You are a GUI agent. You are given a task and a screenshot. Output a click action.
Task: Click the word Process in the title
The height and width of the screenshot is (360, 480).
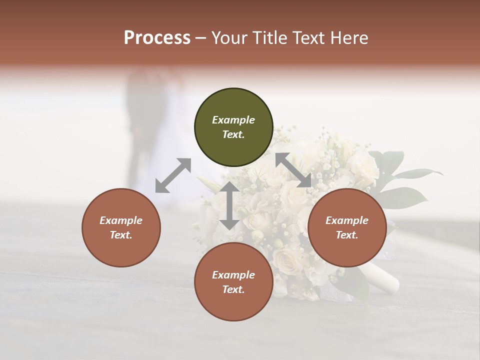(x=157, y=38)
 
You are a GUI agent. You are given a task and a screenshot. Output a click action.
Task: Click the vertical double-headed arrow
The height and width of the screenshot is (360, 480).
(x=229, y=205)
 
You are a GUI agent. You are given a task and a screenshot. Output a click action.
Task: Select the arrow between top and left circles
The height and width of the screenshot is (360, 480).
(x=173, y=175)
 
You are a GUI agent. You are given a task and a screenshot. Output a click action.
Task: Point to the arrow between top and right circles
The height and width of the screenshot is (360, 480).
(x=293, y=170)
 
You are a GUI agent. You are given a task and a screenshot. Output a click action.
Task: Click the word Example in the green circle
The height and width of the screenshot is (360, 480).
(x=233, y=120)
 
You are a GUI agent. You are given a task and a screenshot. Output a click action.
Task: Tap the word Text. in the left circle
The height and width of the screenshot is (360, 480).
(x=121, y=235)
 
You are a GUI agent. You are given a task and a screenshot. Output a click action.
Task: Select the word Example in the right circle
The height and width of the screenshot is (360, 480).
(x=347, y=220)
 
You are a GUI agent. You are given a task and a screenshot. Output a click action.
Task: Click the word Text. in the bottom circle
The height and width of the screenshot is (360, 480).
(x=233, y=289)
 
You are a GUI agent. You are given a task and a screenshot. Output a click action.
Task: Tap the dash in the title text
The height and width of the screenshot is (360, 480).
(x=201, y=38)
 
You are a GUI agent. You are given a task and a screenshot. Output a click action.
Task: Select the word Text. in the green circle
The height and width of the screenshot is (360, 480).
(x=233, y=134)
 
